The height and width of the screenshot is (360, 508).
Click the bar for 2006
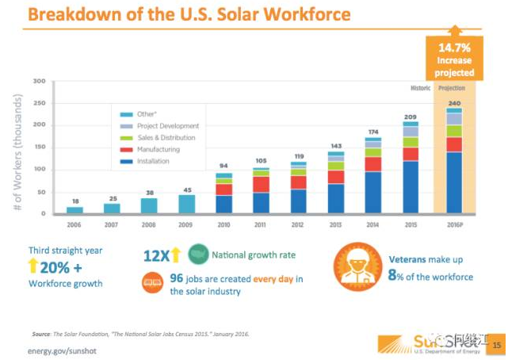(x=74, y=209)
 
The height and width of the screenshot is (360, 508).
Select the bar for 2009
(x=186, y=204)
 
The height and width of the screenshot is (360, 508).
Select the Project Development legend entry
(x=166, y=126)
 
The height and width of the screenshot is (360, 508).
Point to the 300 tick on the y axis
(x=38, y=81)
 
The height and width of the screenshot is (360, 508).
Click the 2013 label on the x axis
(x=336, y=225)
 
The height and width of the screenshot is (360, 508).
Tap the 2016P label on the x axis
(x=453, y=225)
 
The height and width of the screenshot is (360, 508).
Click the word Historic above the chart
(x=420, y=87)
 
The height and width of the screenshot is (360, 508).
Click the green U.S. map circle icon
(x=198, y=255)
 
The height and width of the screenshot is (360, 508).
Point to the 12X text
(x=159, y=255)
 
